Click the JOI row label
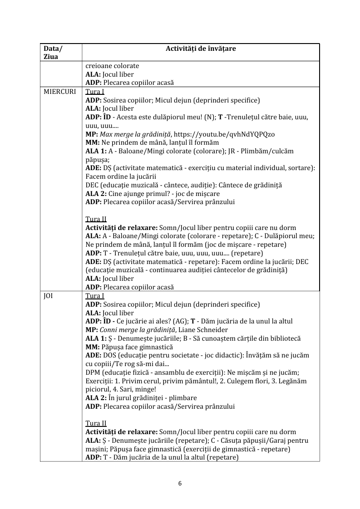point(48,296)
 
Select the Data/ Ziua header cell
point(53,53)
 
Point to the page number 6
point(180,483)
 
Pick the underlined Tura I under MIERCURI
point(95,92)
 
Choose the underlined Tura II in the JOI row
point(96,423)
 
